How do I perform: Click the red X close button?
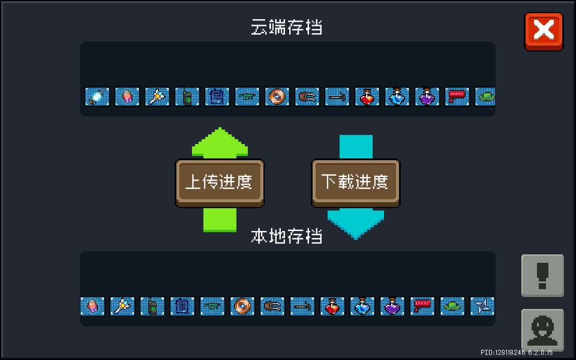tap(544, 31)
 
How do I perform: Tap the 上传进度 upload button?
tap(220, 182)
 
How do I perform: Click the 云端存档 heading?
tap(287, 28)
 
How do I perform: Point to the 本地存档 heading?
tap(287, 236)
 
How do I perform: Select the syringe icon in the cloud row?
tap(97, 96)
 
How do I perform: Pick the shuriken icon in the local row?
tap(482, 306)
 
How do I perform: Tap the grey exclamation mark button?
tap(542, 275)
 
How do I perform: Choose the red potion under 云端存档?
tap(367, 96)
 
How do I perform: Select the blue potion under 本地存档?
tap(362, 306)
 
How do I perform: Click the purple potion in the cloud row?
tap(427, 96)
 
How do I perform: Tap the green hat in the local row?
tap(452, 306)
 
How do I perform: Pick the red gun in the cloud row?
tap(457, 96)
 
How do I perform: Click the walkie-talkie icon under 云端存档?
tap(187, 96)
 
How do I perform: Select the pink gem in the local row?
tap(92, 306)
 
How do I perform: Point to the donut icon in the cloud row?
tap(277, 96)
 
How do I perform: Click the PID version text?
tap(516, 352)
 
